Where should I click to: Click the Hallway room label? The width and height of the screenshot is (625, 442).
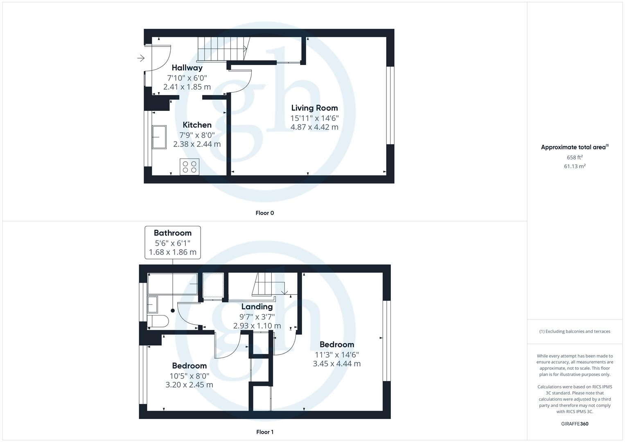click(x=187, y=68)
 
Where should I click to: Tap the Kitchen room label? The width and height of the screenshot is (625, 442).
click(x=197, y=125)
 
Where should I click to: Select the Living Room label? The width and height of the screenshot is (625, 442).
click(x=314, y=108)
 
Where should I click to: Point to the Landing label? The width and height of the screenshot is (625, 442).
click(x=257, y=307)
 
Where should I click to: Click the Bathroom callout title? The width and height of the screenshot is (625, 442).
click(x=173, y=233)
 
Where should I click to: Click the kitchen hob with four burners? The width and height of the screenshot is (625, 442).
click(x=190, y=167)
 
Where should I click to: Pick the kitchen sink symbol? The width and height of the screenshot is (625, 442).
click(x=159, y=137)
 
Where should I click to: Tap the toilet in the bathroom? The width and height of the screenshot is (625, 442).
click(x=158, y=321)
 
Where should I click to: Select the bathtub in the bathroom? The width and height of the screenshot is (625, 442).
click(x=173, y=284)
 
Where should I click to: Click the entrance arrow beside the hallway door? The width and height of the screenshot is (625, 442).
click(x=141, y=58)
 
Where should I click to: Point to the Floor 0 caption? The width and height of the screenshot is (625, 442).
click(x=264, y=213)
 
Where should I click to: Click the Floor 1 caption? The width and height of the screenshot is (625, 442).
click(x=264, y=432)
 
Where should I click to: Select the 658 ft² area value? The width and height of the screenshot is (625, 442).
click(x=575, y=157)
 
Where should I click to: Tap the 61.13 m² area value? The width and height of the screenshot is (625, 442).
click(x=575, y=166)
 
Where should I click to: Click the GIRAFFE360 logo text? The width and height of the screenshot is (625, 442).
click(x=575, y=424)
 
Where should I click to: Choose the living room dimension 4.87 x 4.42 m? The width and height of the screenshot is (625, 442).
click(x=314, y=127)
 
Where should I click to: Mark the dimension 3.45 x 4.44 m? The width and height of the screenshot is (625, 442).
click(x=336, y=364)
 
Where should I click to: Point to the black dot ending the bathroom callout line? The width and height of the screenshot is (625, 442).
click(x=173, y=311)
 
